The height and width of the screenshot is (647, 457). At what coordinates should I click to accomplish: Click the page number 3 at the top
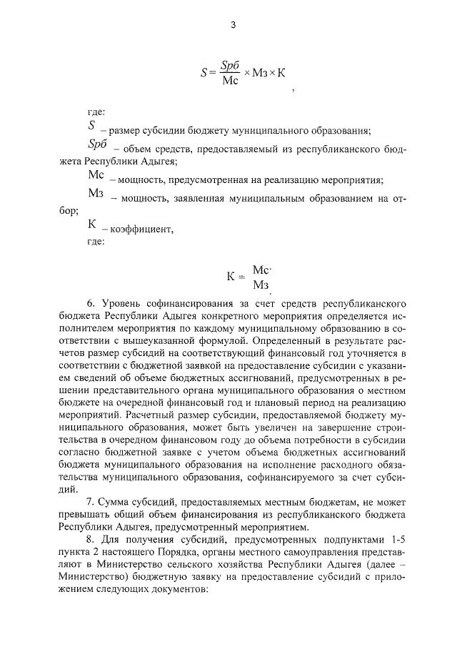pos(233,26)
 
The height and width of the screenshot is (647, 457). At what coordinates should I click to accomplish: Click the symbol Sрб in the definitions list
pos(97,144)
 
